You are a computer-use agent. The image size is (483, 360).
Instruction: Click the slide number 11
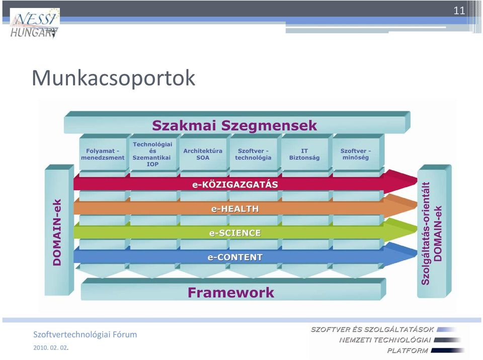coord(459,11)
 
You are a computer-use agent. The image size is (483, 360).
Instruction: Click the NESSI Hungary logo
coord(35,23)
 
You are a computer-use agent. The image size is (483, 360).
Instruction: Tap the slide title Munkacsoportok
coord(113,78)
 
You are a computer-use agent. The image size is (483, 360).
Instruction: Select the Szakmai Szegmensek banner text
coord(234,125)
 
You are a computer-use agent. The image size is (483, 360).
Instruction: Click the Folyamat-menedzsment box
coord(103,154)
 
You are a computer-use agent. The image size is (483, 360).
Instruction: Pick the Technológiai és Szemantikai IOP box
coord(152,154)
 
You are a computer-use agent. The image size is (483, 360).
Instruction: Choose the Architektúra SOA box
coord(203,154)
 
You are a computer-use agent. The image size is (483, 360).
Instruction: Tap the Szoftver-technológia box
coord(253,154)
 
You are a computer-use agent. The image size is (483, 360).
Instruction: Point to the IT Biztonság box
coord(304,154)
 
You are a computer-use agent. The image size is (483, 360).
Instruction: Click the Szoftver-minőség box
coord(356,154)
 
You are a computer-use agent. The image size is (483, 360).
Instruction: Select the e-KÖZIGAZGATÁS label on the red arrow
coord(235,185)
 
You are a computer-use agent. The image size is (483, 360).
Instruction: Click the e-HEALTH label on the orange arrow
coord(235,209)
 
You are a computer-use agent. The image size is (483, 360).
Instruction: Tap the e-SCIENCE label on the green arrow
coord(235,233)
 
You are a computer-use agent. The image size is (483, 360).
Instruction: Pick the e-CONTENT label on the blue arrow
coord(235,257)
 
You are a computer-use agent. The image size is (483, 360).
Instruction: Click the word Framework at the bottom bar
coord(231,293)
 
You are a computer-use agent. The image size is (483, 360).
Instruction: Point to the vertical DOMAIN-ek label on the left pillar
coord(57,232)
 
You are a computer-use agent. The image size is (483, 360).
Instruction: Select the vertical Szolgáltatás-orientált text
coord(426,233)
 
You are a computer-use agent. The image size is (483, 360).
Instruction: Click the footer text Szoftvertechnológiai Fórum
coord(85,334)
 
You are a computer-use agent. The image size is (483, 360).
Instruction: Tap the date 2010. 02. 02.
coord(50,348)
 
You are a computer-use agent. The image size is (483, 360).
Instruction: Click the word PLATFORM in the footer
coord(408,350)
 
